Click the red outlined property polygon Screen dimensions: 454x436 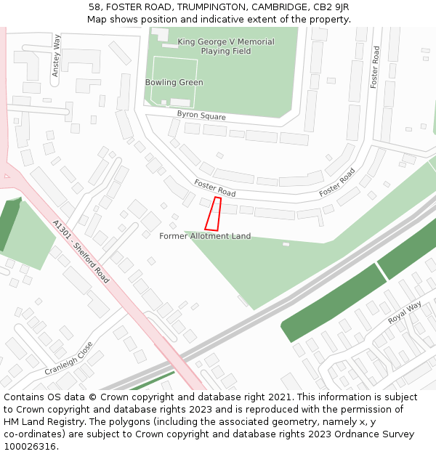coord(213,214)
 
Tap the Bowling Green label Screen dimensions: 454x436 coord(174,83)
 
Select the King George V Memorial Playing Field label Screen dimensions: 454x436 coord(226,46)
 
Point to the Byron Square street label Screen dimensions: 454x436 coord(201,115)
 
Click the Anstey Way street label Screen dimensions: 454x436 coord(56,55)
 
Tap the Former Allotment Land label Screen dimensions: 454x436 coord(205,236)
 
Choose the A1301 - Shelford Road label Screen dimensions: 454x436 coord(81,252)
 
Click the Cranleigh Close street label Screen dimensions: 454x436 coord(69,358)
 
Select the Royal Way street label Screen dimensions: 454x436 coord(404,313)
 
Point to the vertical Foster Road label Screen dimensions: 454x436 coord(375,68)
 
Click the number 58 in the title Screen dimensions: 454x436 coord(94,7)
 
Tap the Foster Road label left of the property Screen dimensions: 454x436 coord(215,188)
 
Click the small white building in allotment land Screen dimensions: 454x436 coord(286,244)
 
